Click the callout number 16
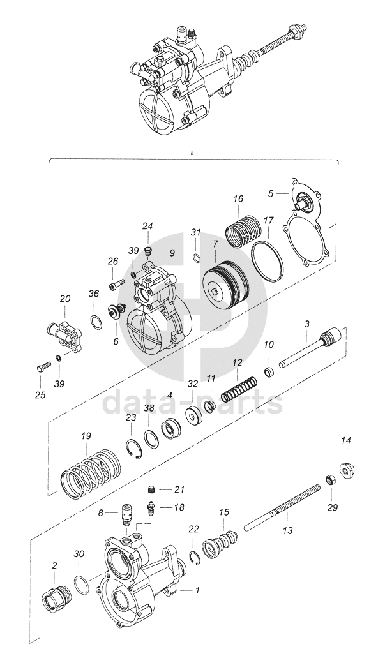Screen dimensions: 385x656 [x=238, y=198]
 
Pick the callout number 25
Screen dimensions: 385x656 [x=40, y=394]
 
